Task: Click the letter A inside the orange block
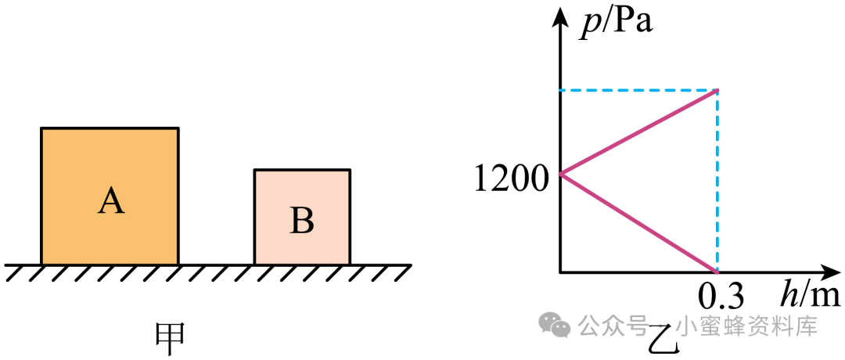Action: point(111,202)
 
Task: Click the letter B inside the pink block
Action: point(302,221)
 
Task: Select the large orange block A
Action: point(110,196)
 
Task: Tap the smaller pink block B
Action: point(302,218)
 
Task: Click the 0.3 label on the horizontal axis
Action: point(721,297)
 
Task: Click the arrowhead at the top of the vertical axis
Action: point(561,16)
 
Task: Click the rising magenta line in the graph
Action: point(639,132)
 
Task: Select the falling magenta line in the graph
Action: point(639,222)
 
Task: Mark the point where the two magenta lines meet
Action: point(561,174)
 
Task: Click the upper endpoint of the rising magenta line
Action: point(717,90)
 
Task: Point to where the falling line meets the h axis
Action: point(717,271)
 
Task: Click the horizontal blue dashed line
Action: point(639,90)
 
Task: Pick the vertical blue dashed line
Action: point(717,181)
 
